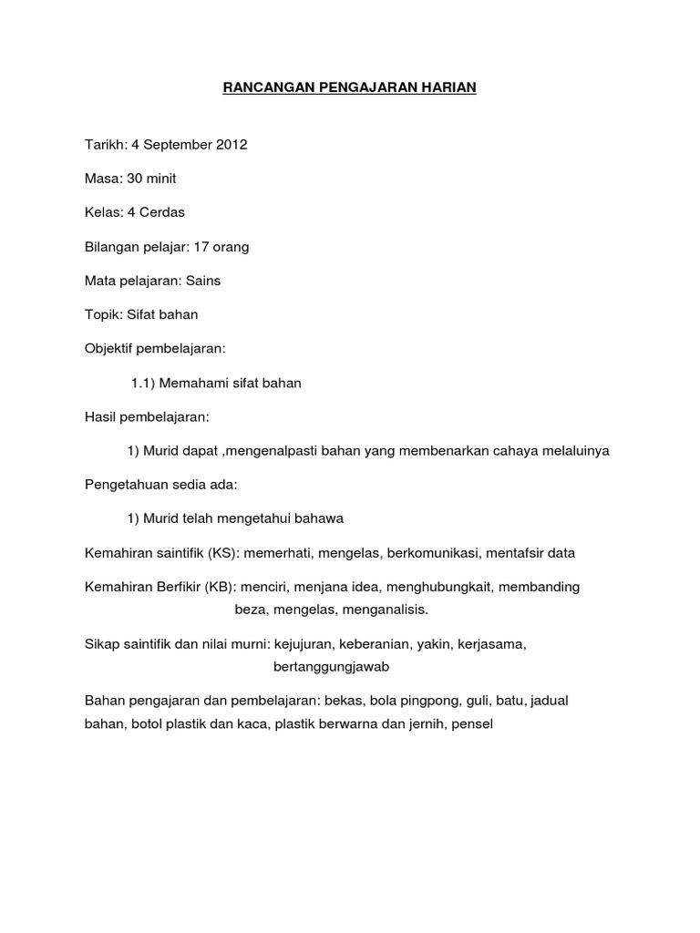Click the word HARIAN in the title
coord(446,88)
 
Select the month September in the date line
coord(173,144)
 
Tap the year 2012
coord(230,144)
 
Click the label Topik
coord(102,314)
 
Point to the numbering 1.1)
coord(146,384)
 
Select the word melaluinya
coord(580,451)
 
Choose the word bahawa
coord(315,518)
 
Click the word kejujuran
coord(302,644)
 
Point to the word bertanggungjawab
coord(332,667)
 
